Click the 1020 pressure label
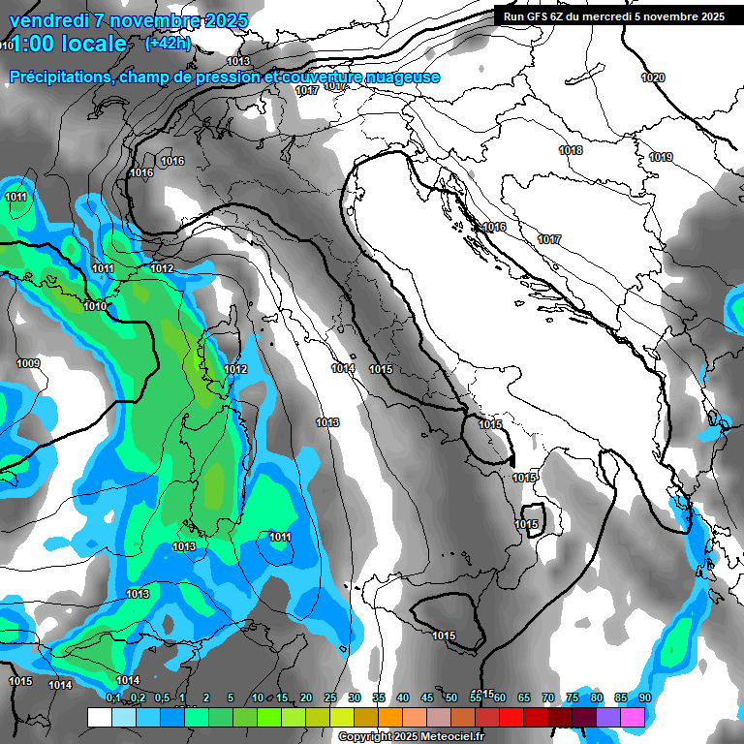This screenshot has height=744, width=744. pos(654,77)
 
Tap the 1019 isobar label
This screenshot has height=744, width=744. pos(662,157)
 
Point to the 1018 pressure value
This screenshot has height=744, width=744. pos(571,150)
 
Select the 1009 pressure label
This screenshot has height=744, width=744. pos(28,363)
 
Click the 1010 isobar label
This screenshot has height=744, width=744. pos(95,306)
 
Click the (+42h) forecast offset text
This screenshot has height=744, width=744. pos(169,44)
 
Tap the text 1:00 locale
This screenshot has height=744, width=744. pos(66,44)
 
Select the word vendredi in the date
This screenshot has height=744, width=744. pos(50,20)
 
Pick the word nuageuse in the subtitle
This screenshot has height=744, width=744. pos(408,77)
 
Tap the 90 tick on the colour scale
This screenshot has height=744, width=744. pos(645,697)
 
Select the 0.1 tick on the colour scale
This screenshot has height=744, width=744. pos(113,697)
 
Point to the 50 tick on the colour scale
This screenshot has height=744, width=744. pos(451,697)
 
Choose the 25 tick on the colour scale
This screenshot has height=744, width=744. pos(330,697)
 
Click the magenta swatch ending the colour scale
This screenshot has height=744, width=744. pos(633,717)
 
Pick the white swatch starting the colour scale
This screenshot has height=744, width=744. pos(99,717)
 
